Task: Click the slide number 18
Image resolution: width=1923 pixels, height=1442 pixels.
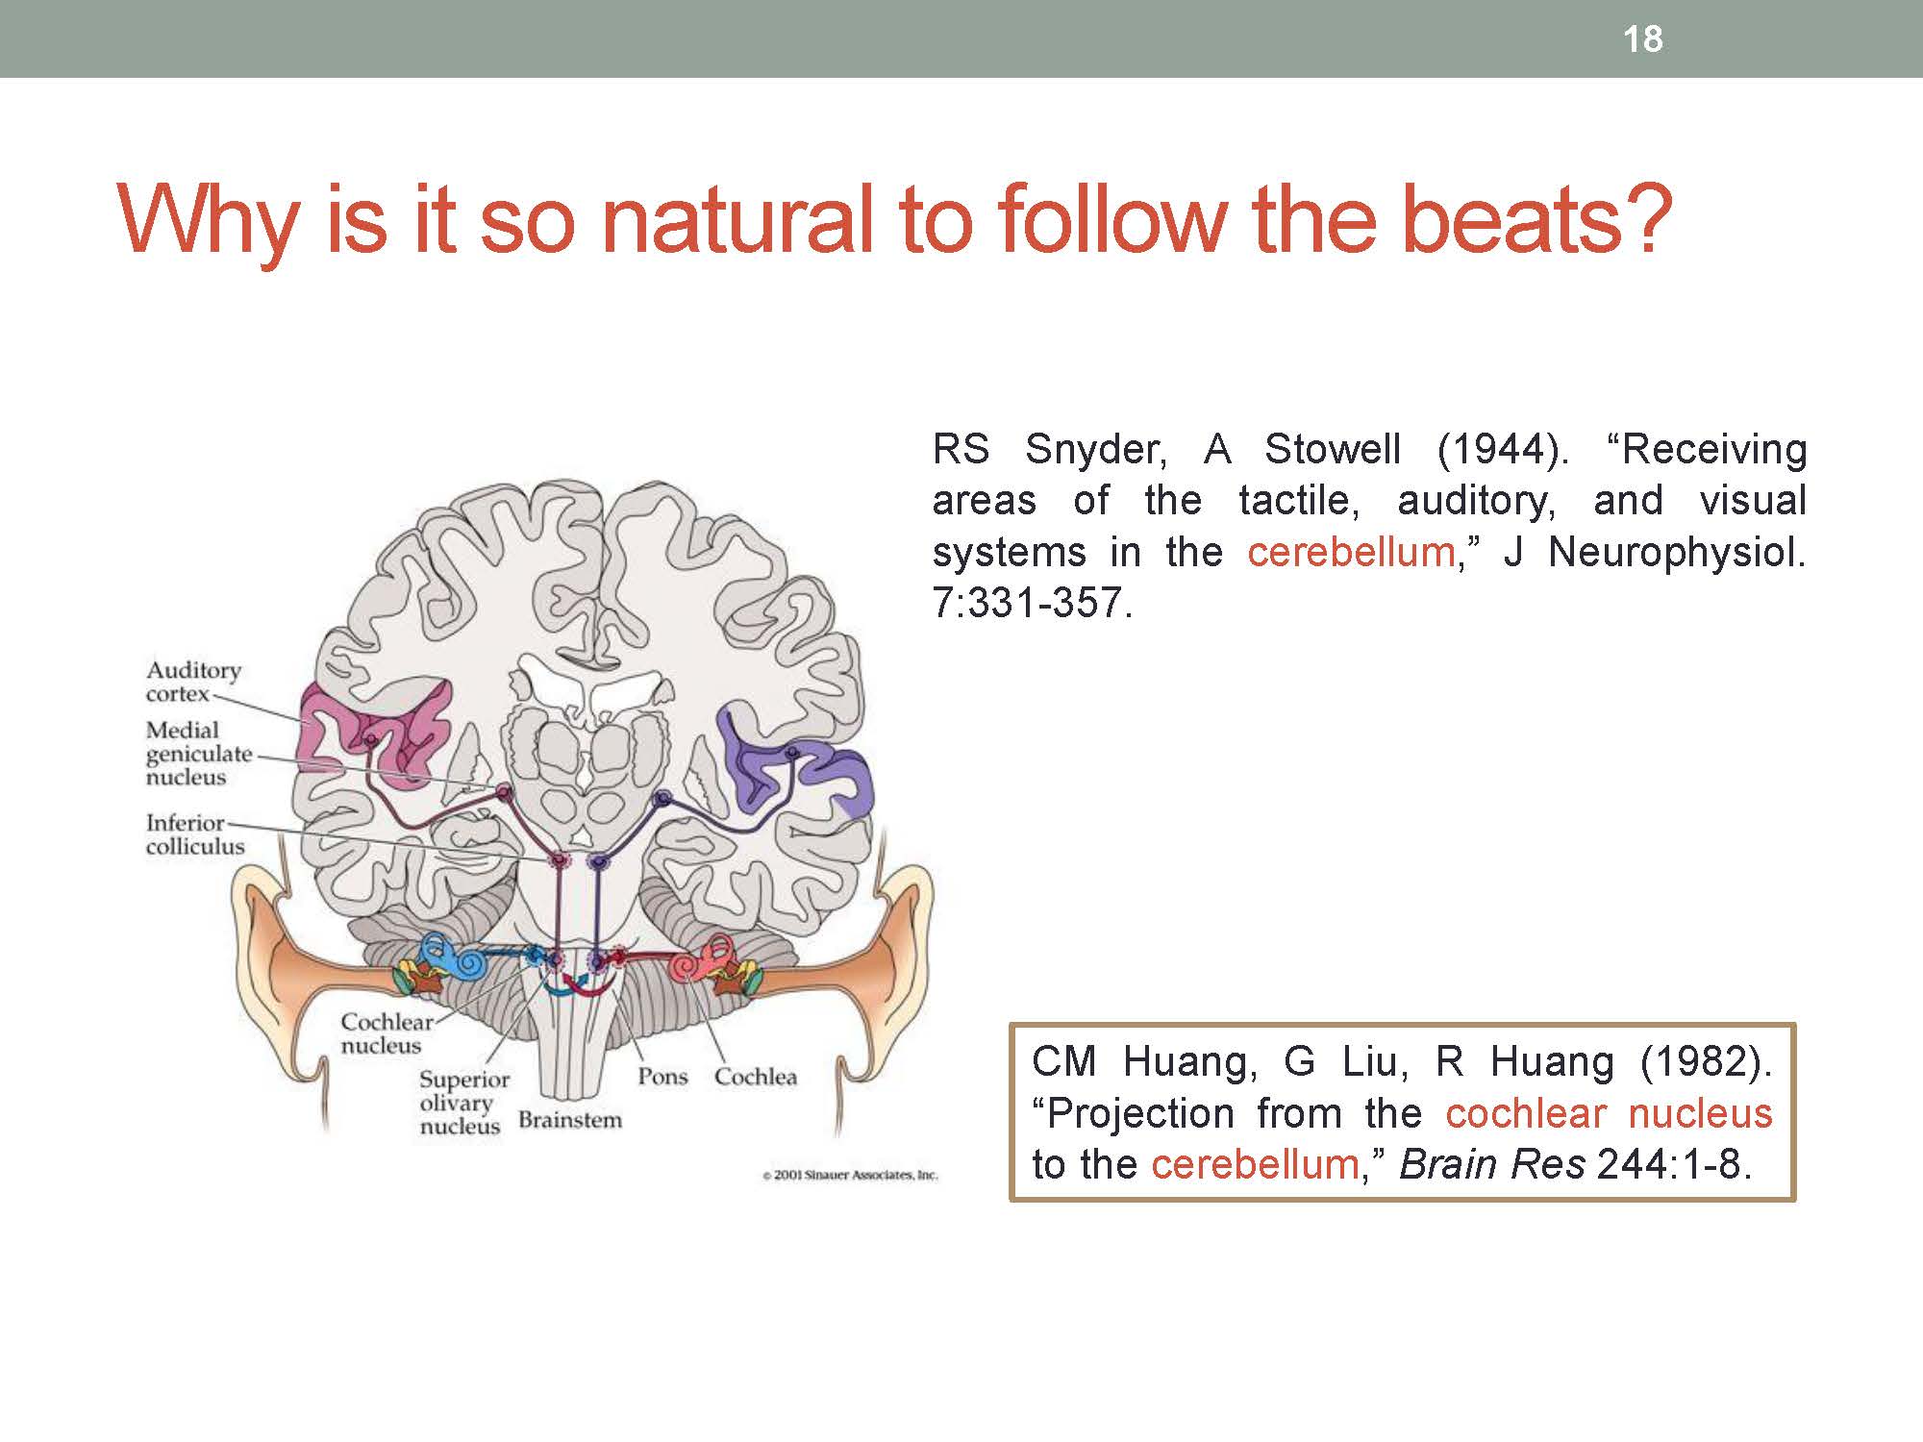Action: click(1642, 39)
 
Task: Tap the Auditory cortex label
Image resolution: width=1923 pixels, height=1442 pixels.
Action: click(193, 682)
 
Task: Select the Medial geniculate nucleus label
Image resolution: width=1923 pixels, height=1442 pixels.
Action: click(198, 754)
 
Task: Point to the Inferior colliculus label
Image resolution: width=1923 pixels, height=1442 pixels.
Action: click(195, 834)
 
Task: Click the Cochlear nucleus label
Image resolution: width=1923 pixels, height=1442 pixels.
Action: click(387, 1033)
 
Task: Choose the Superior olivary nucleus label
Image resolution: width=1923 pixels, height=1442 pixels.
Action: click(463, 1103)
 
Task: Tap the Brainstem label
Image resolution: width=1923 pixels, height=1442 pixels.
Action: click(570, 1120)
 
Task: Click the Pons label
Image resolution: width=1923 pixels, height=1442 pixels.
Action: click(662, 1077)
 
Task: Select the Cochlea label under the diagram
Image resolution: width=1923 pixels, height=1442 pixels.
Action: click(756, 1077)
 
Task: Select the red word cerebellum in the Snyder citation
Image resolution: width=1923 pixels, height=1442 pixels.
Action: click(1352, 552)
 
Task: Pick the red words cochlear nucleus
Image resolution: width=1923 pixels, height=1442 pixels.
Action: click(1609, 1113)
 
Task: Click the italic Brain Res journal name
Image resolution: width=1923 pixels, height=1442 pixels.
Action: click(1492, 1164)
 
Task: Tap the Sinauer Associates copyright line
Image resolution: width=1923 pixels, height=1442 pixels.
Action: click(850, 1175)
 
